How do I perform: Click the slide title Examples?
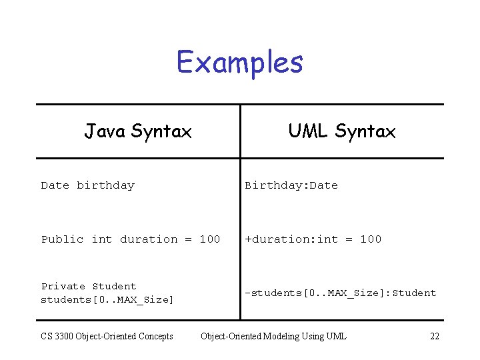coord(240,63)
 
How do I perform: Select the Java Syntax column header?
coord(138,131)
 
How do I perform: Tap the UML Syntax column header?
coord(341,131)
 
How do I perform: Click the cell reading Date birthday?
coord(87,185)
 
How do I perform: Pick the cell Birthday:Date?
coord(291,185)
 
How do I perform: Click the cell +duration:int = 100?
coord(313,239)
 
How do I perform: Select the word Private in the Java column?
coord(63,286)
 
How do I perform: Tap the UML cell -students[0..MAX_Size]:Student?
coord(340,293)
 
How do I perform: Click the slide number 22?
coord(435,336)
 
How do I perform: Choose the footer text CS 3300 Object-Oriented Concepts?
coord(107,336)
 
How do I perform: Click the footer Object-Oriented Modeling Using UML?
coord(273,336)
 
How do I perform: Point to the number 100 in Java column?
coord(210,239)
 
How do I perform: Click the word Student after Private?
coord(114,286)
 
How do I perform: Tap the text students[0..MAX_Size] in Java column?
coord(107,299)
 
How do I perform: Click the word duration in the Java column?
coord(149,239)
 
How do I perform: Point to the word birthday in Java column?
coord(105,185)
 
